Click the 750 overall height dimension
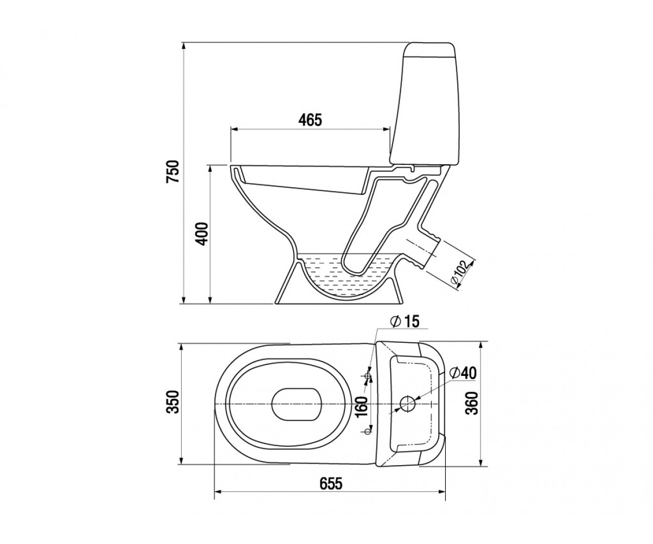173,171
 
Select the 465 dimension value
310,120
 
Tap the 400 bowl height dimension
201,234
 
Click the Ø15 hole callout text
405,322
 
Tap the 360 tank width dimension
471,403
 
